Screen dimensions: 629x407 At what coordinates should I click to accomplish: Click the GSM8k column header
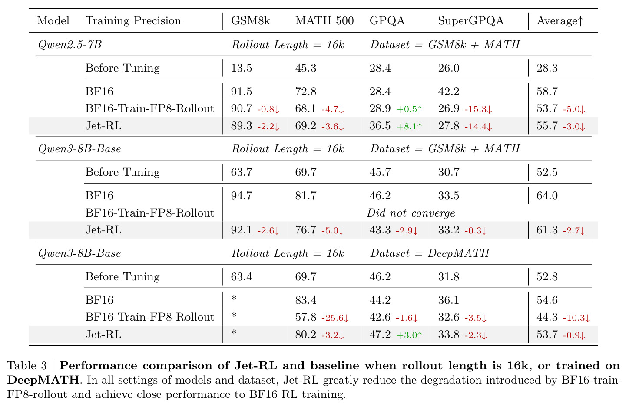250,21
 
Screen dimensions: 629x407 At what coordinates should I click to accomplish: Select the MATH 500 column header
324,21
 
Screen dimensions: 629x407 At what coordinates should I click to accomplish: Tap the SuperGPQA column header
471,21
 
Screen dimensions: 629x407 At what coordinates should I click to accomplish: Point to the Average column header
560,21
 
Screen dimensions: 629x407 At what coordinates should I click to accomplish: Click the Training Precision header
133,21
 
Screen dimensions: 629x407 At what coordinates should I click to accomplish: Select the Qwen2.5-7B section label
70,45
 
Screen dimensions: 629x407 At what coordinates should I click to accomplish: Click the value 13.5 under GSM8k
242,68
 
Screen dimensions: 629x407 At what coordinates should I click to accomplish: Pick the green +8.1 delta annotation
409,127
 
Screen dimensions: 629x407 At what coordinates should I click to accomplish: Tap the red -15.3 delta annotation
478,109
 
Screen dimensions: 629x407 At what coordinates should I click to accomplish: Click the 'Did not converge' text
411,213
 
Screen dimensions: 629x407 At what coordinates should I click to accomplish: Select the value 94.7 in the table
242,196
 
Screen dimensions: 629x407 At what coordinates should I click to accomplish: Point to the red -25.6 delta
335,318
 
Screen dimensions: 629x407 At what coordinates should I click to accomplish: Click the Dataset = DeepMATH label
430,253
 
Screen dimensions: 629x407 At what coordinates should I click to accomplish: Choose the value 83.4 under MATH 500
306,300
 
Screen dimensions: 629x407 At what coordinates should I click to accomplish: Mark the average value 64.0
547,196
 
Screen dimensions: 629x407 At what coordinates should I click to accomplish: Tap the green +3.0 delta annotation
409,335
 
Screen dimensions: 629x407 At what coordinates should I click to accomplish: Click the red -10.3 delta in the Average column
576,318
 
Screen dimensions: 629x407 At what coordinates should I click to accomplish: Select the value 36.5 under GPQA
380,126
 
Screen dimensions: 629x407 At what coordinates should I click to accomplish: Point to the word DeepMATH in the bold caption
43,380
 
